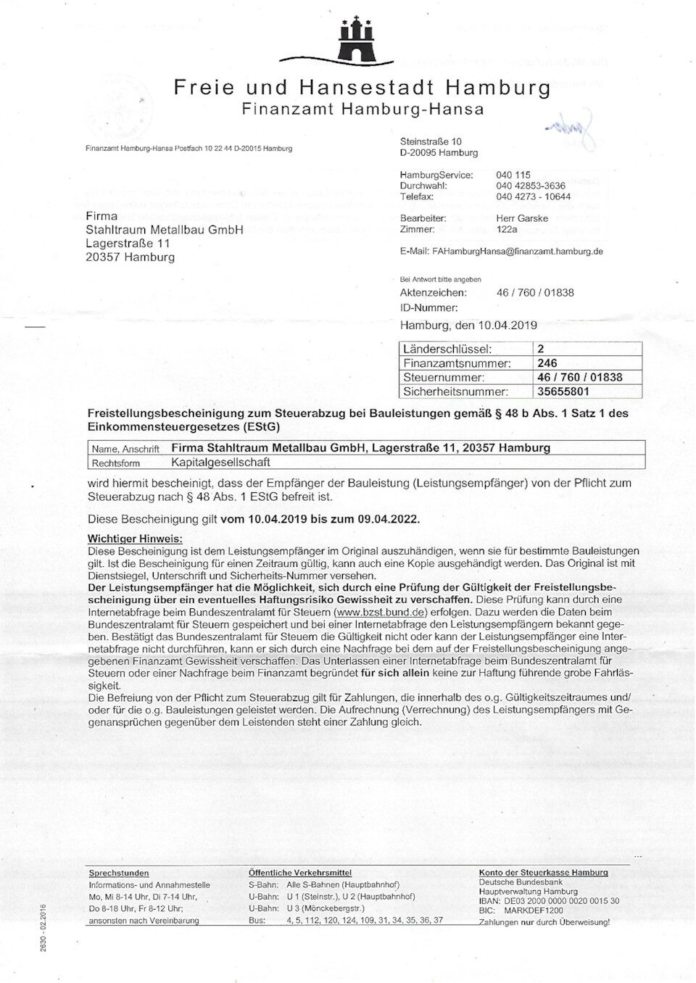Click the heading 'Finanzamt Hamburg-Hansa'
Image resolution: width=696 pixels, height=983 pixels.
362,109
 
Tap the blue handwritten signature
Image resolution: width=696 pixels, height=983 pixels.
572,128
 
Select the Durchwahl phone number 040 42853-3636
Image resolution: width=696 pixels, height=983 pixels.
530,186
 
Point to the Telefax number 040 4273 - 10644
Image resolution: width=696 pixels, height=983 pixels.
533,196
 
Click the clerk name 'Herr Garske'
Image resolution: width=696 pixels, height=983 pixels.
522,218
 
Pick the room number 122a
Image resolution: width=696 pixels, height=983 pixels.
507,229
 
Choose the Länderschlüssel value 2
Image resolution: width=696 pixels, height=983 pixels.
541,349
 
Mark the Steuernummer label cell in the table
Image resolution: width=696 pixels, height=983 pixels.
444,378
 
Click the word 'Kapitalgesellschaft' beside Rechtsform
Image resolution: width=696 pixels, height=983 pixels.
220,462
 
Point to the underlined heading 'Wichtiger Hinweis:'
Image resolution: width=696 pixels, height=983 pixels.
135,539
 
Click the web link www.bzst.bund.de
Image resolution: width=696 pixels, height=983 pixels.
380,611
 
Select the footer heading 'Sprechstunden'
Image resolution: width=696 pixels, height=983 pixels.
119,873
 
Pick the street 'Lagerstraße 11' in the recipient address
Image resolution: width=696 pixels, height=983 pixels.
128,244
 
